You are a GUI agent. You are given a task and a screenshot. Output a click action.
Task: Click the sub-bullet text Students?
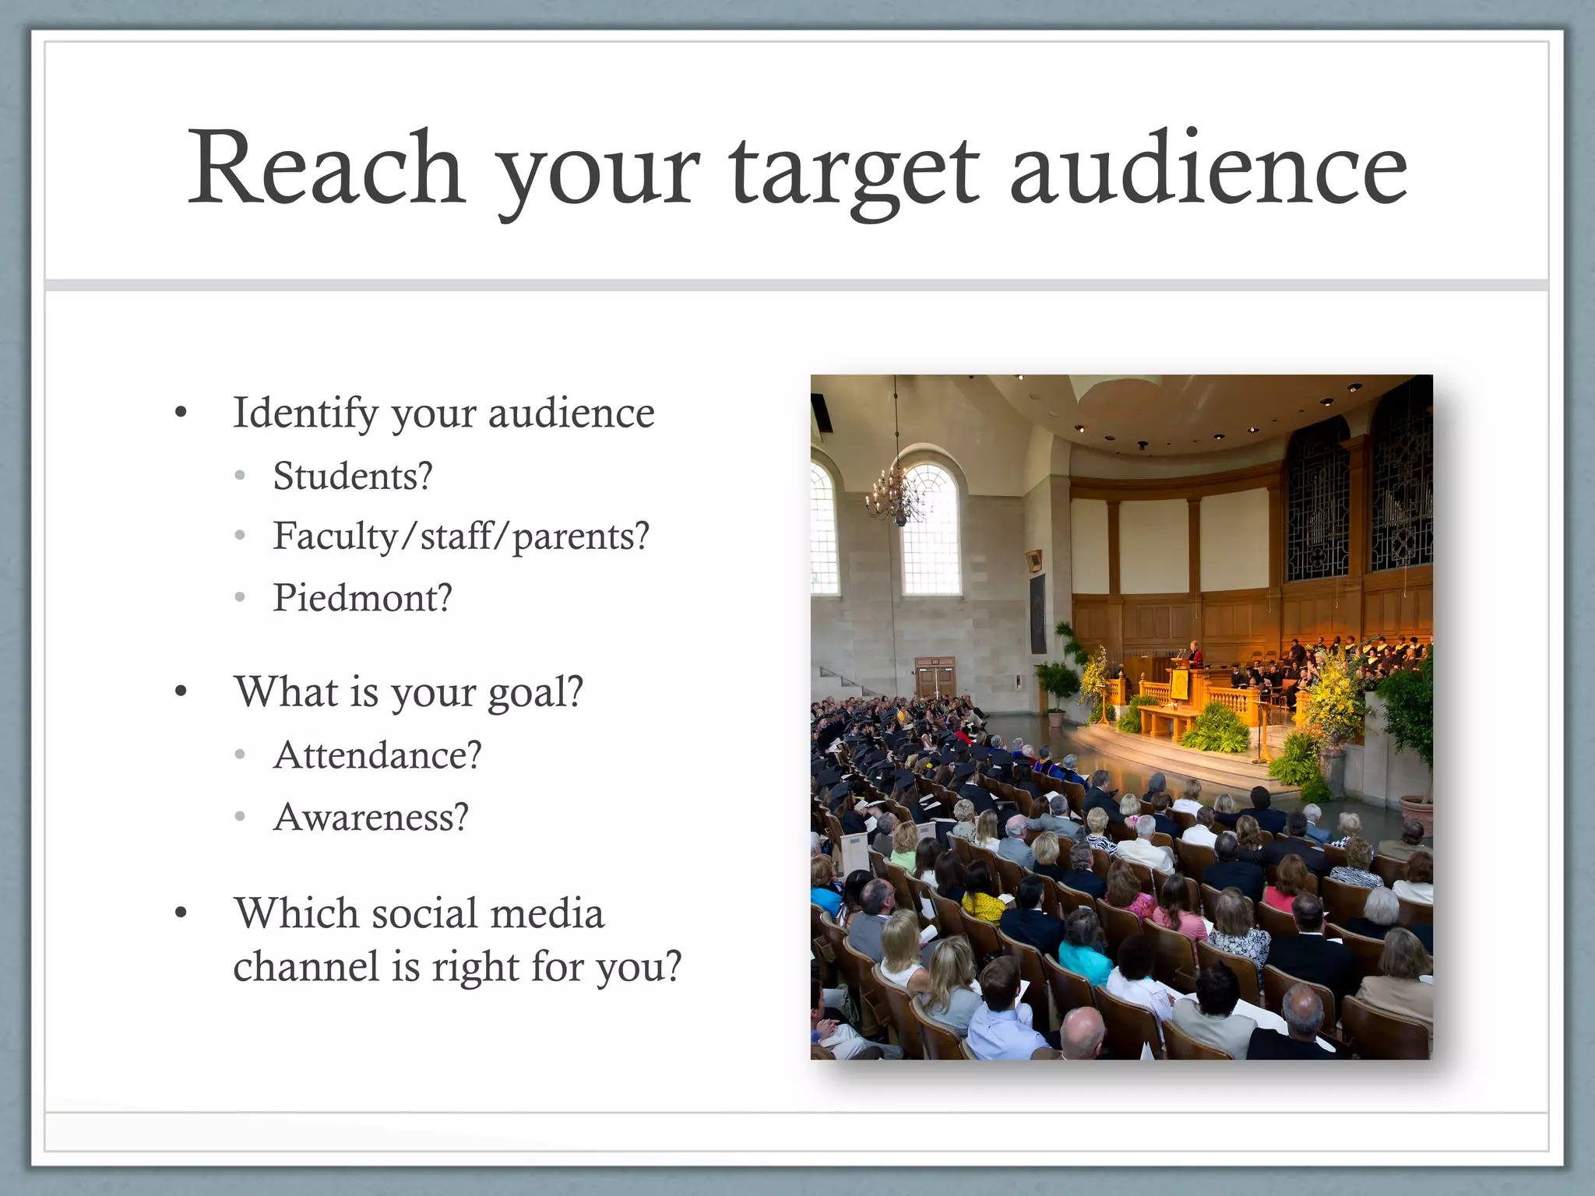pyautogui.click(x=353, y=476)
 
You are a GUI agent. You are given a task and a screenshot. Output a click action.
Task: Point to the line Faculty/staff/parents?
pyautogui.click(x=461, y=536)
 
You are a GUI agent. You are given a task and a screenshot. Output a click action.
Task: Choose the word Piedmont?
pyautogui.click(x=362, y=598)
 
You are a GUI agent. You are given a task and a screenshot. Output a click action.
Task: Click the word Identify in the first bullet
pyautogui.click(x=305, y=413)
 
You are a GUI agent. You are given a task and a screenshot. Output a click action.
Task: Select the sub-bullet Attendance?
pyautogui.click(x=378, y=755)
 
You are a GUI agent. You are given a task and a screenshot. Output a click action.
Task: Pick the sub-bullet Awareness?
pyautogui.click(x=371, y=818)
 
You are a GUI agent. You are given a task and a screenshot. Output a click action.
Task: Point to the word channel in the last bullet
pyautogui.click(x=306, y=967)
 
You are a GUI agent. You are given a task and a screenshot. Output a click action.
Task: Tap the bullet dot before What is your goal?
pyautogui.click(x=181, y=691)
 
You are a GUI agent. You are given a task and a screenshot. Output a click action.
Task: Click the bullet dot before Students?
pyautogui.click(x=241, y=476)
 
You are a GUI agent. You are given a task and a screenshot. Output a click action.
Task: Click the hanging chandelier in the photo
pyautogui.click(x=896, y=494)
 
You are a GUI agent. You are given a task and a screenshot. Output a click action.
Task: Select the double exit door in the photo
pyautogui.click(x=935, y=679)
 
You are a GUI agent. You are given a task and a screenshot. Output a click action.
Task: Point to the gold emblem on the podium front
pyautogui.click(x=1178, y=683)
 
